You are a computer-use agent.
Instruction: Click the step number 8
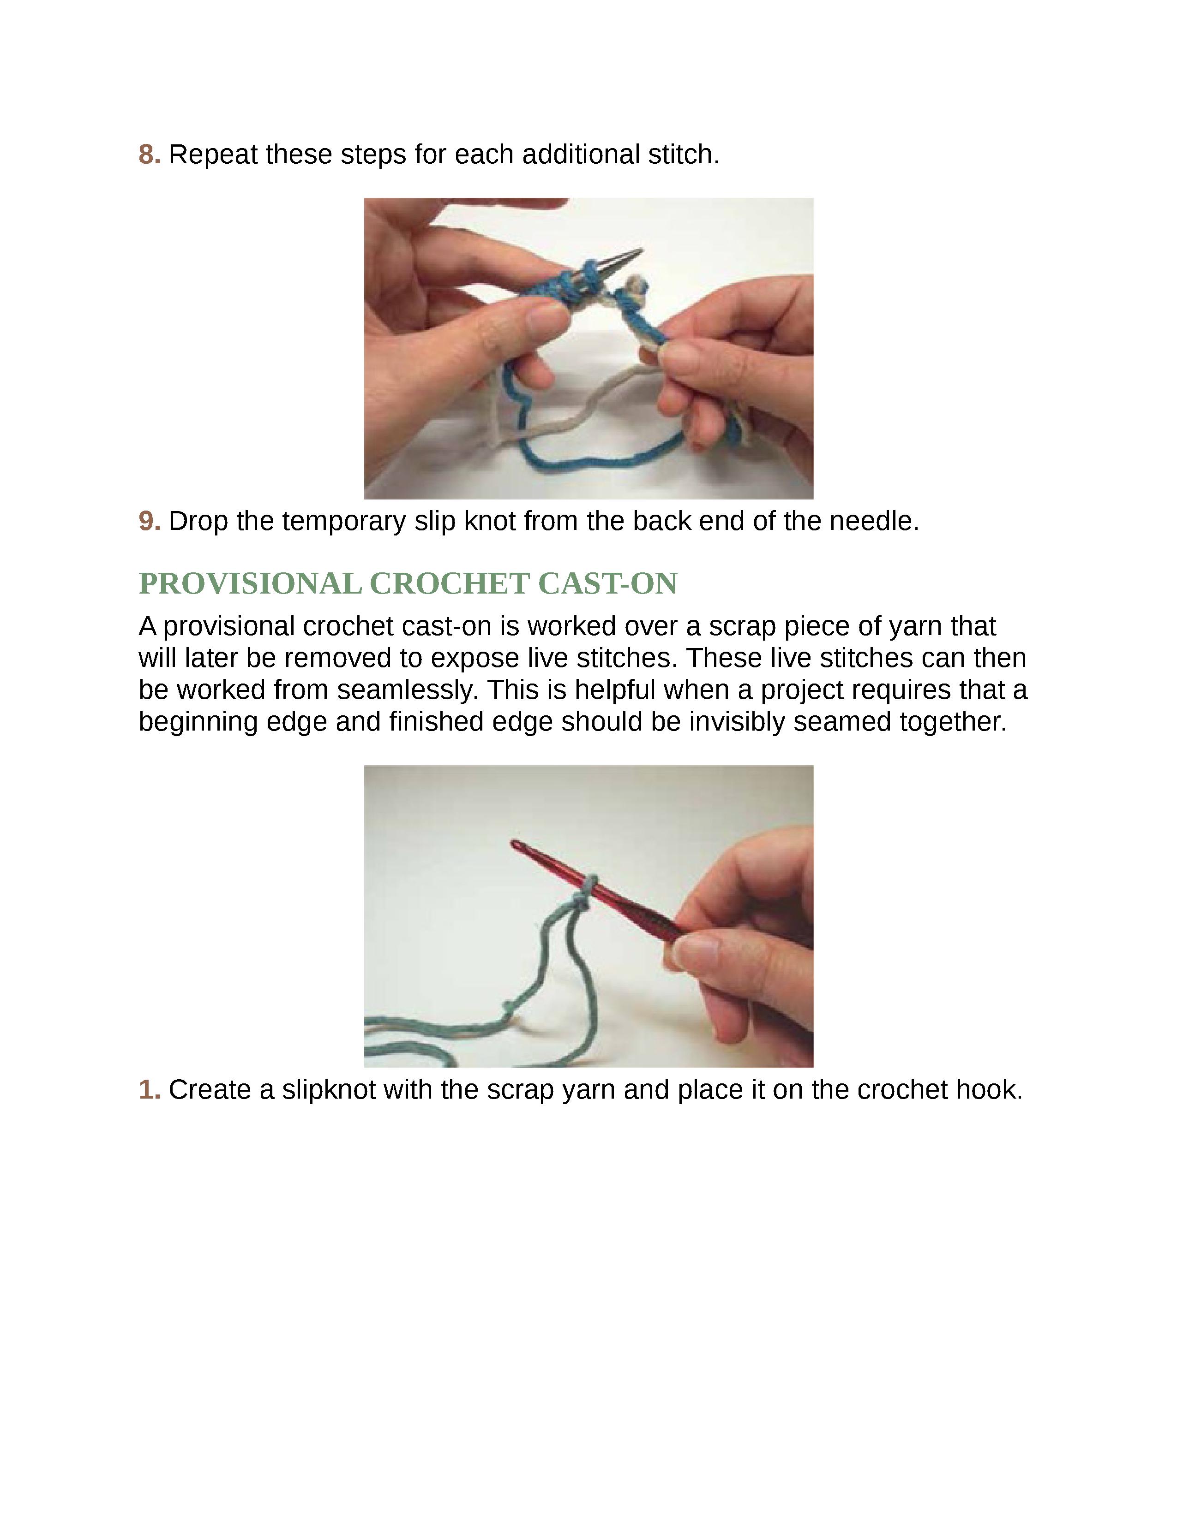(x=149, y=155)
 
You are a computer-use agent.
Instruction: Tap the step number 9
(x=149, y=521)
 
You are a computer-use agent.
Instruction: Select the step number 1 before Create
(x=149, y=1090)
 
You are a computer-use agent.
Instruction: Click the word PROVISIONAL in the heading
(x=250, y=583)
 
